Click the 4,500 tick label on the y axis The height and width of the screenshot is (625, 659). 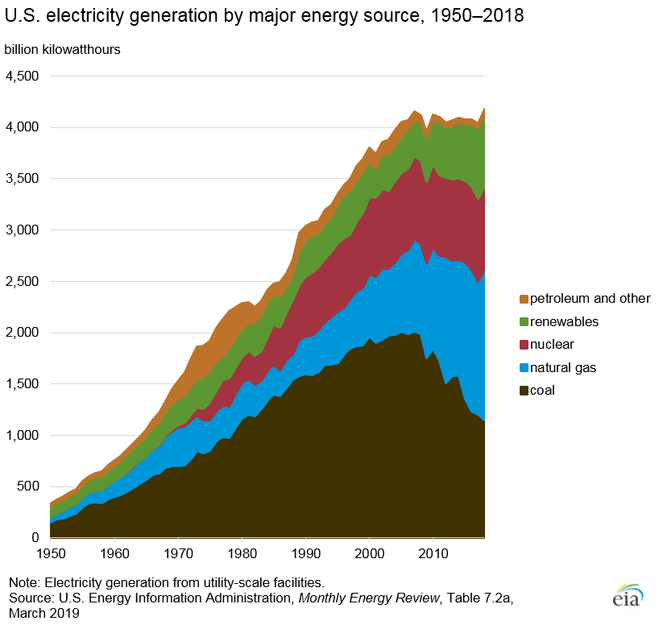(x=23, y=76)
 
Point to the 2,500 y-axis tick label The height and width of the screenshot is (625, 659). (x=23, y=281)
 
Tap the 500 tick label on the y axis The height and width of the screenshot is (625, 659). (x=28, y=486)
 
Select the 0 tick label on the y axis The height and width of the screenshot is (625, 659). (x=35, y=537)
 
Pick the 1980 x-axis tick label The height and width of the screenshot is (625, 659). (x=242, y=555)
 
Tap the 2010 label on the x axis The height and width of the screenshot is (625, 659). (x=433, y=555)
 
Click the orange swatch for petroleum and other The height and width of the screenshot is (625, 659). (x=524, y=299)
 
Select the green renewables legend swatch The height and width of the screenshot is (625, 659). (x=524, y=322)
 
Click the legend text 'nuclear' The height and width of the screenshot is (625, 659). (x=556, y=345)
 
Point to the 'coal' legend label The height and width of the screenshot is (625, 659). (x=547, y=391)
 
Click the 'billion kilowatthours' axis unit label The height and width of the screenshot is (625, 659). (x=63, y=49)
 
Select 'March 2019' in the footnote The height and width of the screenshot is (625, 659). (x=44, y=613)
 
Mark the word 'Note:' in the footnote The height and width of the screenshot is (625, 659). (x=24, y=582)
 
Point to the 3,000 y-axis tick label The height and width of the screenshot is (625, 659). (x=23, y=230)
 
